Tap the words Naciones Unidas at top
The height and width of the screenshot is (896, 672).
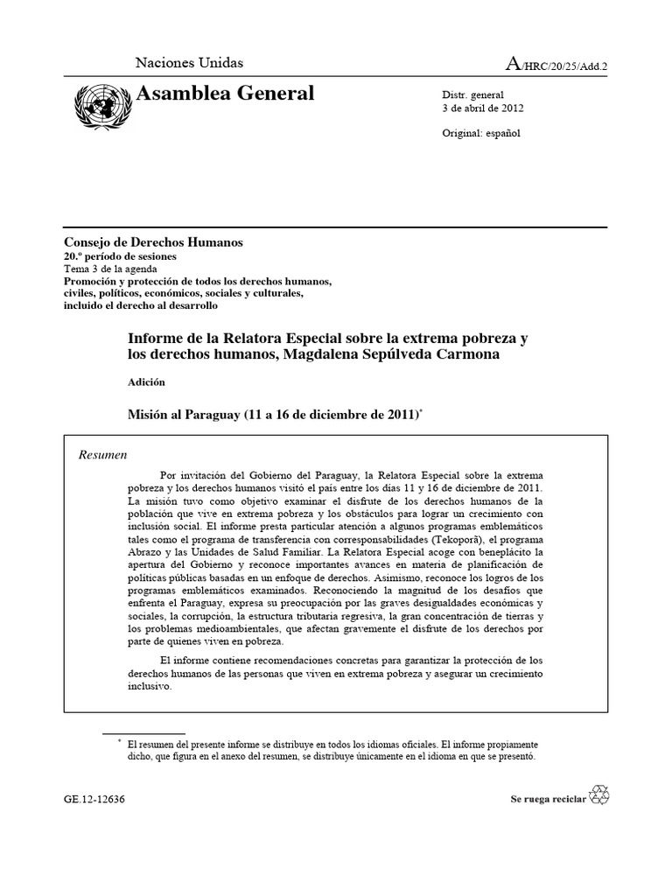click(x=189, y=63)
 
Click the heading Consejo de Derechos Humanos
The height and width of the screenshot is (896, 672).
click(x=153, y=242)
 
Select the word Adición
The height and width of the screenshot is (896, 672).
click(x=147, y=381)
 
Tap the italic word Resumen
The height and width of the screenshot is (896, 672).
click(x=103, y=455)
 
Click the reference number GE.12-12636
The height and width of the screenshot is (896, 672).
click(x=94, y=799)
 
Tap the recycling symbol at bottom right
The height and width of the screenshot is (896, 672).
click(x=600, y=794)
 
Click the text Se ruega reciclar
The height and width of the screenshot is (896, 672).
click(x=548, y=799)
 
